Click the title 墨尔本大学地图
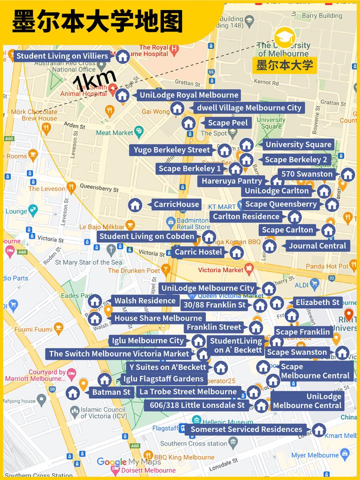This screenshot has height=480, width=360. coord(97,22)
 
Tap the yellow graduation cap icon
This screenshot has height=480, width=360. coord(284,37)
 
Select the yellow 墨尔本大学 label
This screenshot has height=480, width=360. coord(284,65)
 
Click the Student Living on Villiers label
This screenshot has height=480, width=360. coord(62,56)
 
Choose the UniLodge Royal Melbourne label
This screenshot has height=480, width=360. coord(189,95)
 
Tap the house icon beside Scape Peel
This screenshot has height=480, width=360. coord(188,123)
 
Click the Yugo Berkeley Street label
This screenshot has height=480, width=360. coord(172,150)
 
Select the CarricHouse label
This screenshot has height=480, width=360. coord(176,204)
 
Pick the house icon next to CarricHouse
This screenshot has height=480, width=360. coord(134,204)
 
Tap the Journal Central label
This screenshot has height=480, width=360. coord(317,245)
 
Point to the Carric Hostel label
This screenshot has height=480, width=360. coord(198,252)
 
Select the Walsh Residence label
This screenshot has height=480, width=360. coord(145,301)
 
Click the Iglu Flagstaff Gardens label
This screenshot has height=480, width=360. coord(163,379)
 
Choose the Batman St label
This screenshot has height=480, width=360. coord(111,392)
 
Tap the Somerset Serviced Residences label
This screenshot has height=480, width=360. coord(246,429)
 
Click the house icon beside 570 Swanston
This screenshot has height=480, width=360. coord(347,174)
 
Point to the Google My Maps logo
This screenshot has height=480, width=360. coord(125,462)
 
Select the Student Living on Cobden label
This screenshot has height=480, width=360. coord(146,236)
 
